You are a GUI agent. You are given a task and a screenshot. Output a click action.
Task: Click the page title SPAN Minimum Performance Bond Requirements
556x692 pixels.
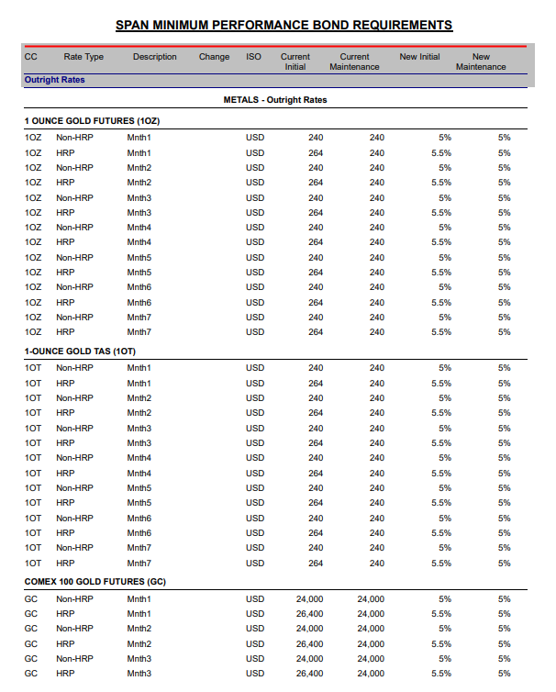[284, 25]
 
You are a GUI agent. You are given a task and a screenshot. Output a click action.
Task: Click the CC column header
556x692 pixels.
[30, 57]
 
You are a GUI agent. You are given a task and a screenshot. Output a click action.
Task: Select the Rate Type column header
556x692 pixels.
[83, 57]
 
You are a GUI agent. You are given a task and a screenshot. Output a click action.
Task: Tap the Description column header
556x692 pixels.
[154, 57]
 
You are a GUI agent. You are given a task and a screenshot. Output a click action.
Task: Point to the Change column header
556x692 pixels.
[214, 57]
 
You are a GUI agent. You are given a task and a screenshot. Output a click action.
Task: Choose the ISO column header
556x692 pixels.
[253, 57]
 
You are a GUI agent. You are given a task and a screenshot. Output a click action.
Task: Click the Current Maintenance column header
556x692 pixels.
[354, 61]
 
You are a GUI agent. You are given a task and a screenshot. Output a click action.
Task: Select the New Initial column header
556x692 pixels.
[419, 57]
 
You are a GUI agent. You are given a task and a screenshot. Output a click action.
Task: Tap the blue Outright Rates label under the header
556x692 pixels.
[54, 80]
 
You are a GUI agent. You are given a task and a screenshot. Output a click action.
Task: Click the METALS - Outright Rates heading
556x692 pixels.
[275, 100]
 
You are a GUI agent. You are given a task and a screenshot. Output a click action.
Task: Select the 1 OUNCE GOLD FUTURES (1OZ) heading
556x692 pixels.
[93, 121]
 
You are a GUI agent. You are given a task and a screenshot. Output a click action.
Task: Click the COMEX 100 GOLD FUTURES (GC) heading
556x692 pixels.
[95, 582]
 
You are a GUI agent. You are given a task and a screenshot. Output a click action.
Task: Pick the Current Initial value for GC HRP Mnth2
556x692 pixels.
[309, 644]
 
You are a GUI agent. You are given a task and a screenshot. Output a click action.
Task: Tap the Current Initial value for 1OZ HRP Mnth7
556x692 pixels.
[316, 332]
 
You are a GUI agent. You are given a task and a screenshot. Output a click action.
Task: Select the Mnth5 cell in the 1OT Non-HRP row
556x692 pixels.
[139, 488]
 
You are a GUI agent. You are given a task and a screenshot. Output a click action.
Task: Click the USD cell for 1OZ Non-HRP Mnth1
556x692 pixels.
[255, 138]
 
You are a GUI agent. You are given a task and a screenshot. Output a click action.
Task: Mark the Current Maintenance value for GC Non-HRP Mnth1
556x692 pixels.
[371, 599]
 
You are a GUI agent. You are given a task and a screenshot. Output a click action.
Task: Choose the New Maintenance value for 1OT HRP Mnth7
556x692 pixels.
[504, 563]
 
